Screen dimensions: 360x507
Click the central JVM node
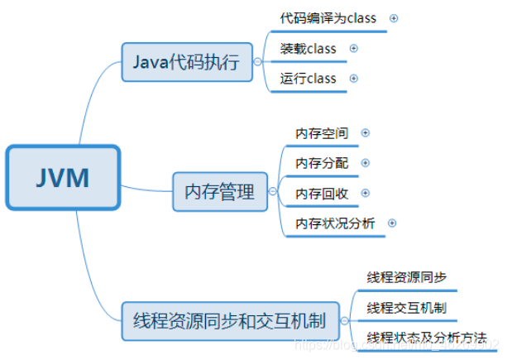tap(64, 177)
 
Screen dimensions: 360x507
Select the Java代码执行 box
tap(187, 62)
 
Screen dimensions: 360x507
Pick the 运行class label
tap(309, 79)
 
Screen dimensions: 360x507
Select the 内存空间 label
tap(322, 132)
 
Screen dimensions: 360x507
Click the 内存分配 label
tap(322, 162)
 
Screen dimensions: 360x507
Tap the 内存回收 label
tap(322, 193)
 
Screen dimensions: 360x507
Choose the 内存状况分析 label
tap(335, 223)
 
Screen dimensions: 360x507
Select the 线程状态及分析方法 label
tap(426, 337)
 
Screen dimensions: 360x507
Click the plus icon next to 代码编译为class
tap(393, 17)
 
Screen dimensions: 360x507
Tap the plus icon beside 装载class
tap(354, 48)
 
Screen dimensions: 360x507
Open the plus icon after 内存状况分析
tap(392, 223)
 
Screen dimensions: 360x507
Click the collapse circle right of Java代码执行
tap(259, 62)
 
